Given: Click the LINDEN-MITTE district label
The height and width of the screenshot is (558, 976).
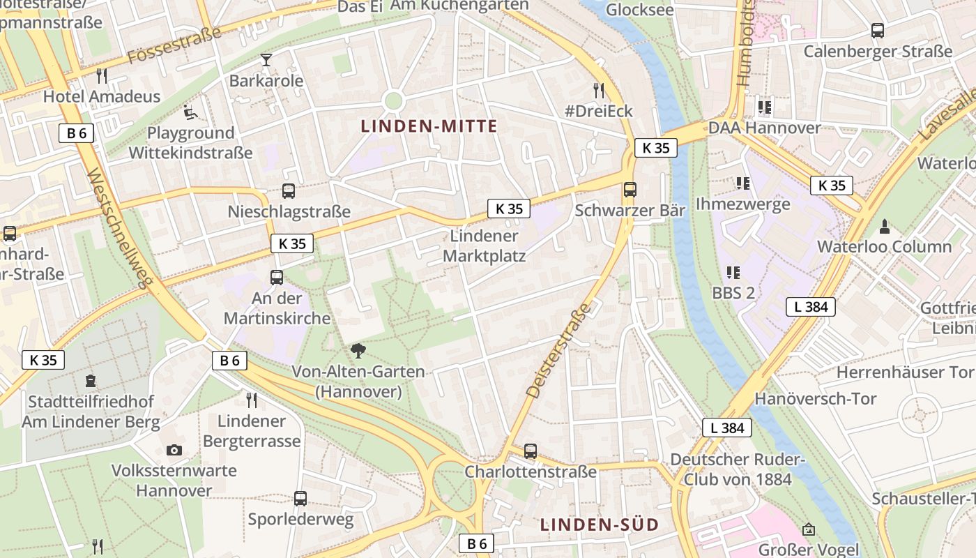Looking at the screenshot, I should pos(429,126).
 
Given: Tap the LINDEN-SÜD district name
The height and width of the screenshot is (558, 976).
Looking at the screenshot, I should pos(600,525).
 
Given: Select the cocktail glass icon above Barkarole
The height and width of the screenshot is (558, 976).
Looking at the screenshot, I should pos(266,59).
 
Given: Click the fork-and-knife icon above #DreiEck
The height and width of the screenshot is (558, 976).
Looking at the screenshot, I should pos(598,90).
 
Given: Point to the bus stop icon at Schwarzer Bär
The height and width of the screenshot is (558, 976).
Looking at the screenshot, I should pos(630,189).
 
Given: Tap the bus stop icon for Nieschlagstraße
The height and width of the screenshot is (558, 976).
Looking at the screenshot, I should pos(288,190).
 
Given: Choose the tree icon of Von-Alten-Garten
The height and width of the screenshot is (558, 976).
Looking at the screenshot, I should pos(359,350).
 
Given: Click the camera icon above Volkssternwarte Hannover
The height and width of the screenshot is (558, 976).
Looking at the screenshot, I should pos(174,450).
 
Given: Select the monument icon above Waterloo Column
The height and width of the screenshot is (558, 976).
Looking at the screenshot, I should pos(885,226).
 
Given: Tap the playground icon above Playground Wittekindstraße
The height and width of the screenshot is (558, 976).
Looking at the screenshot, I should pos(190,112).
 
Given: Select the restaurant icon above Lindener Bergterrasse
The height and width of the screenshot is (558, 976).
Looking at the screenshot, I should pos(252,400).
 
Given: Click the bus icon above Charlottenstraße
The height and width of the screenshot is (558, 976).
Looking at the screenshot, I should pos(531,451).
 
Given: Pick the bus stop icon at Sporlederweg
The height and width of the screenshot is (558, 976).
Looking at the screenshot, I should pos(300,498).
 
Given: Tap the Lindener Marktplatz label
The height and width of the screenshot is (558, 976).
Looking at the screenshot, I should pos(484,246).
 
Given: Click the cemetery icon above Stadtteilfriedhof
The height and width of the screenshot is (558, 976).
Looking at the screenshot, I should pos(90,381).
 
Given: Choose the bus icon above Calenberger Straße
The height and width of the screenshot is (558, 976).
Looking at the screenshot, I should pos(877,31).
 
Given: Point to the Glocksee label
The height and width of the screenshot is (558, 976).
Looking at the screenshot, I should pos(639,9).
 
